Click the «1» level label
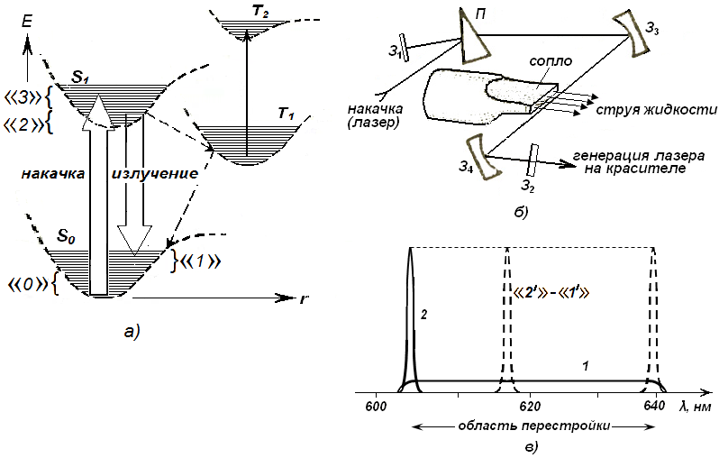(x=200, y=261)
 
